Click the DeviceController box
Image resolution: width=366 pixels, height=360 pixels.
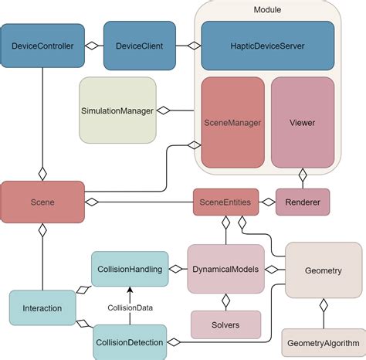pyautogui.click(x=42, y=46)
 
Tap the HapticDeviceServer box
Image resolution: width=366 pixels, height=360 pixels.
pyautogui.click(x=267, y=46)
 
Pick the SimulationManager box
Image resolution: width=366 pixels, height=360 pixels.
pyautogui.click(x=116, y=110)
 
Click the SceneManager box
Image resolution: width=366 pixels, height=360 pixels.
pyautogui.click(x=232, y=121)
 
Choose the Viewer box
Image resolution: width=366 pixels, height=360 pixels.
pyautogui.click(x=302, y=121)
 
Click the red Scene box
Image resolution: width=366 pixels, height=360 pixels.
pyautogui.click(x=42, y=202)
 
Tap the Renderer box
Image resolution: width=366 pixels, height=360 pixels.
pyautogui.click(x=303, y=202)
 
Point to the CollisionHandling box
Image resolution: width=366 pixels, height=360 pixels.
pyautogui.click(x=129, y=270)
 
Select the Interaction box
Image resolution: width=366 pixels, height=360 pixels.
pyautogui.click(x=42, y=307)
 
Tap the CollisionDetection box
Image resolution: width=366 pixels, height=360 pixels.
pyautogui.click(x=129, y=341)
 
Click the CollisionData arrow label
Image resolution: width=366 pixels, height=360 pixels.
pyautogui.click(x=129, y=307)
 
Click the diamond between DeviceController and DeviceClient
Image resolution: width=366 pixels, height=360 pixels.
pyautogui.click(x=92, y=46)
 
